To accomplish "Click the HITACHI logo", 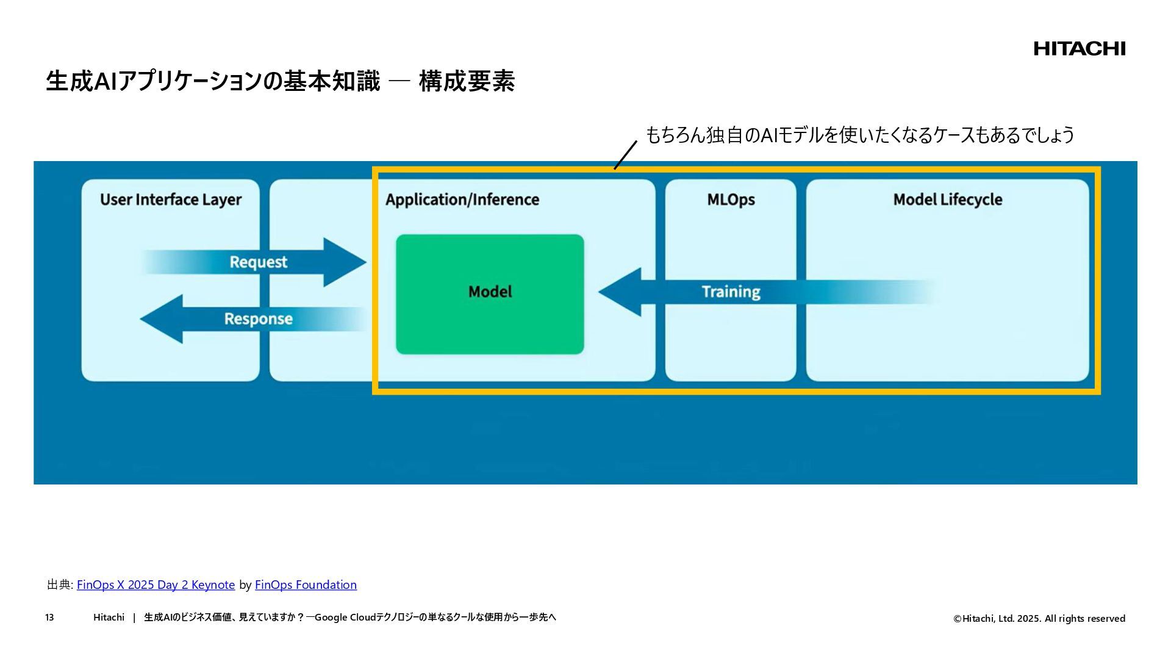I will coord(1079,49).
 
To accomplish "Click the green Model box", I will coord(490,293).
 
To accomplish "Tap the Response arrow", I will coord(256,319).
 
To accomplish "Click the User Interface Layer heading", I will coord(171,200).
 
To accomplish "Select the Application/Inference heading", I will coord(462,200).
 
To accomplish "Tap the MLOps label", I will coord(731,200).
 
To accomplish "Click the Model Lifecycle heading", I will coord(947,200).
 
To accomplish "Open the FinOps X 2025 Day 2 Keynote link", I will coord(156,585).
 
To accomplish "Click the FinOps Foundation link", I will coord(306,585).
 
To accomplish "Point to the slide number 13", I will coord(49,618).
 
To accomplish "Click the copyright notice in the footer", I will coord(1039,619).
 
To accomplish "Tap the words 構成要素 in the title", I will coord(467,82).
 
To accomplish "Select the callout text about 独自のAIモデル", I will coord(859,135).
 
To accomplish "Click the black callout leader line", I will coord(625,155).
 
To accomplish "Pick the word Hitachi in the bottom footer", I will coord(109,618).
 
